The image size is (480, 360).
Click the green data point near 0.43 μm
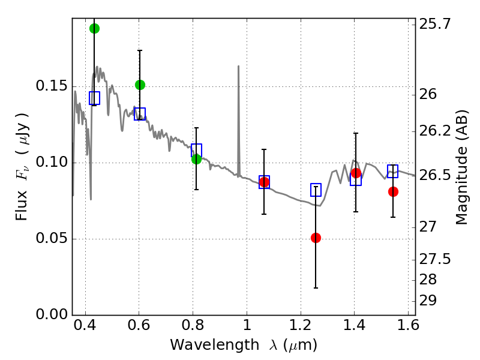pos(94,28)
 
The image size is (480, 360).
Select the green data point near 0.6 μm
pos(140,85)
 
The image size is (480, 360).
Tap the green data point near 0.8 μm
pos(196,158)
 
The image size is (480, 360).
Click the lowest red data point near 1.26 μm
pos(316,238)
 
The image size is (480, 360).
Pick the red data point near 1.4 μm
pos(356,173)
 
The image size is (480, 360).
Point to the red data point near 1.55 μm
pos(393,191)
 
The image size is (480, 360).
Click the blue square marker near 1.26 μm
pos(316,190)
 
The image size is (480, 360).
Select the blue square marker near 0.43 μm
pos(94,98)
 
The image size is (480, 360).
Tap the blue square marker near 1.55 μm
pos(393,171)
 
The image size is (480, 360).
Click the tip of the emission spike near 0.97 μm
pos(238,66)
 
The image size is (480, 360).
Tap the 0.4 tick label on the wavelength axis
pos(85,328)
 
